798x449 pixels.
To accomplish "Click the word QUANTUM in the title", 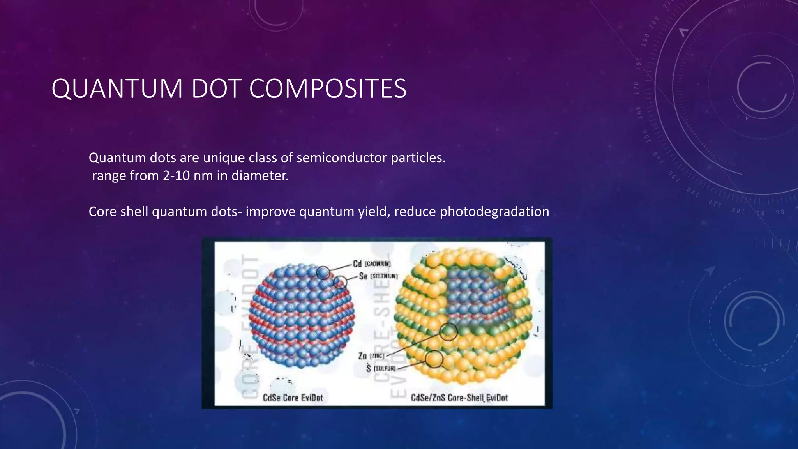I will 117,88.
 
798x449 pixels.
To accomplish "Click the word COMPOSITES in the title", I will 327,88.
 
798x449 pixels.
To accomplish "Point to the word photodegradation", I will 494,212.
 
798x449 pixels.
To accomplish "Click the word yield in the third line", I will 374,212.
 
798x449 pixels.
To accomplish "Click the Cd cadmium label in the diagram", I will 371,264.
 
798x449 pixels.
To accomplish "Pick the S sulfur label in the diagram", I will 380,368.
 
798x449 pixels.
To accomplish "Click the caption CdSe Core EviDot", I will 293,398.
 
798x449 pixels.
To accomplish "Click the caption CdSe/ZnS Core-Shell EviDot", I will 459,398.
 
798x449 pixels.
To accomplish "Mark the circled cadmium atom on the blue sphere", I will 323,273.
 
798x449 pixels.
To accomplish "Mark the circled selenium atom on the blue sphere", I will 340,282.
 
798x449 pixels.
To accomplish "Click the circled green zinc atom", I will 448,332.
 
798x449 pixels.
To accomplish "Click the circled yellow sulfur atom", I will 434,359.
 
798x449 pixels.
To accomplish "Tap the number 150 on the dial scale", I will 645,136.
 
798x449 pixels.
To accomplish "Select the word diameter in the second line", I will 260,176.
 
